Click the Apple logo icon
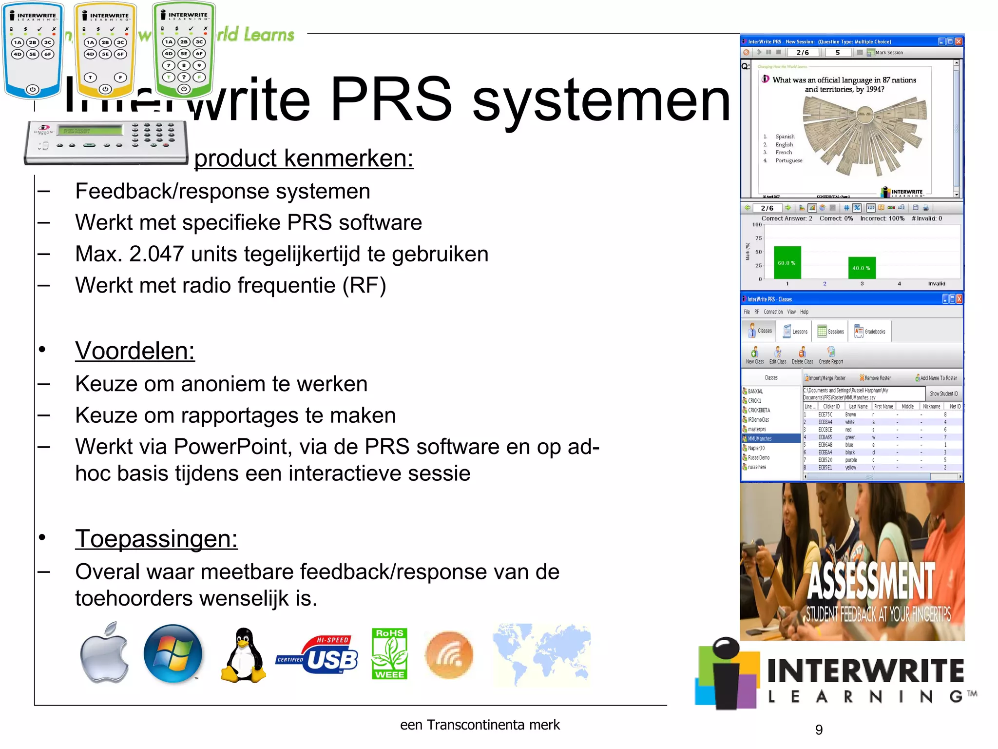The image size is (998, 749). click(x=104, y=653)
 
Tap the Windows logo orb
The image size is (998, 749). click(x=173, y=653)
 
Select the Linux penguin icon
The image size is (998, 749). click(x=243, y=655)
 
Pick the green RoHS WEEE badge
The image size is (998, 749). click(x=389, y=654)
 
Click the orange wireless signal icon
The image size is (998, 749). click(x=449, y=655)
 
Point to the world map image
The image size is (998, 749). click(x=541, y=654)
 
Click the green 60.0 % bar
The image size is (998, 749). click(x=787, y=262)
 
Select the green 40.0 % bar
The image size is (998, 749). click(x=862, y=268)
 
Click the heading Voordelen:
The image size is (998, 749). click(x=135, y=351)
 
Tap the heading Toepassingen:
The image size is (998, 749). click(x=156, y=539)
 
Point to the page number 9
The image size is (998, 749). click(x=819, y=729)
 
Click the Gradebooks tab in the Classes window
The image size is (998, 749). click(x=870, y=332)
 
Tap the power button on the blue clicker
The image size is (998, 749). click(x=33, y=89)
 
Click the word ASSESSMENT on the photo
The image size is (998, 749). click(x=871, y=580)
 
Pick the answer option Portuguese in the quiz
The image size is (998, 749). click(x=788, y=160)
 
